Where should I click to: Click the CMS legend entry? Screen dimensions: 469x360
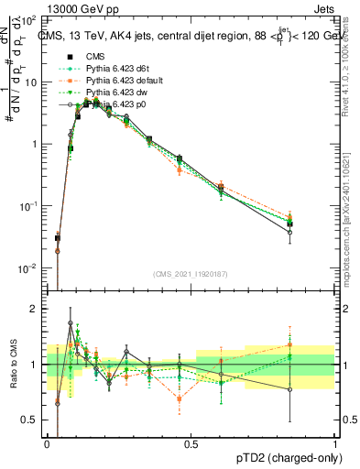tap(94, 55)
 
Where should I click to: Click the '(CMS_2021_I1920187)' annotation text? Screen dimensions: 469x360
tap(191, 274)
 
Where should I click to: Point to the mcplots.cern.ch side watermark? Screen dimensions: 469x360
tap(350, 229)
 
